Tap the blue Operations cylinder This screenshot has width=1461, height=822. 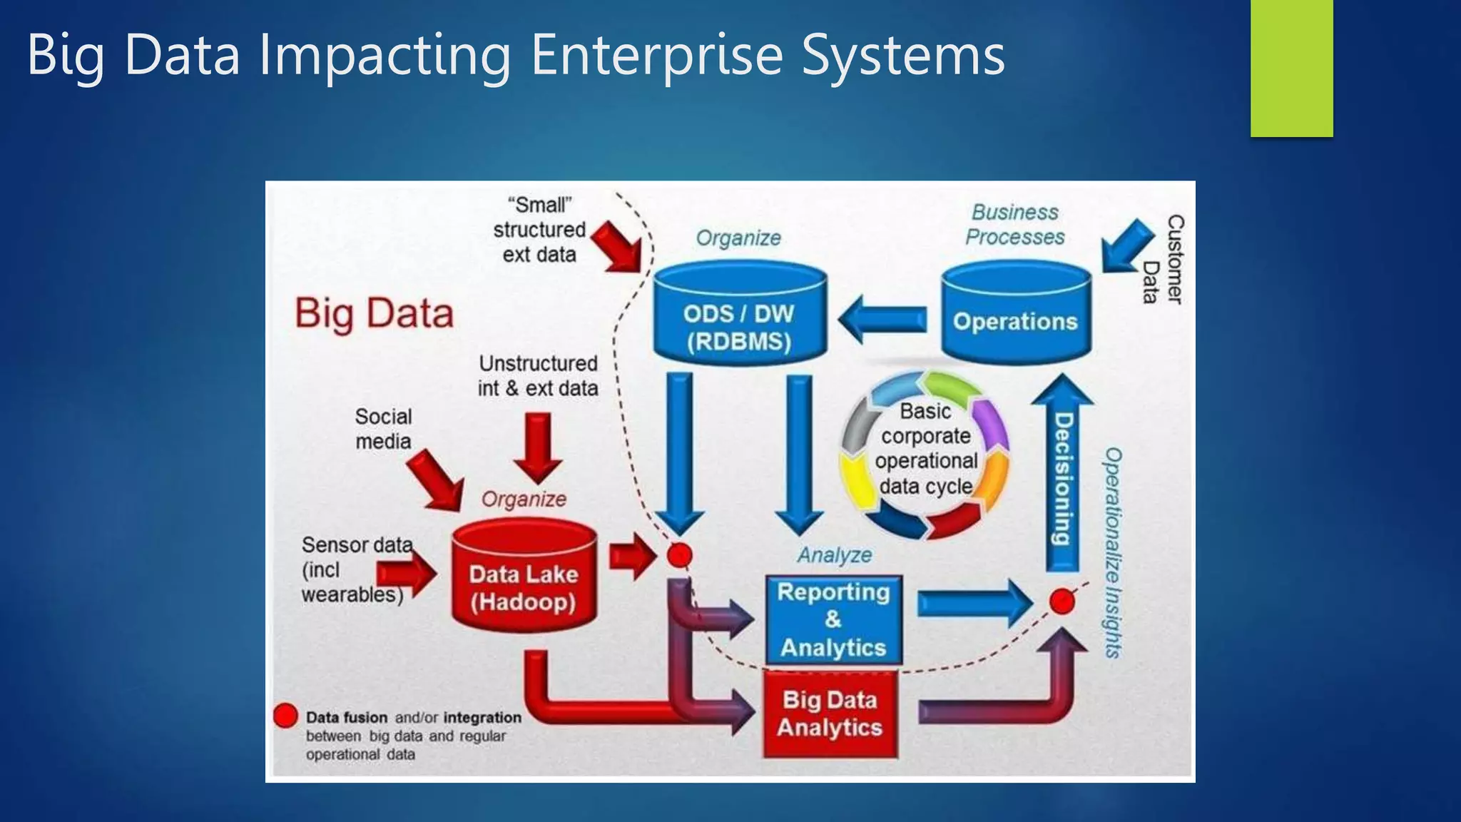tap(1015, 314)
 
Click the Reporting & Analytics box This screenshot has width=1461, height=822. tap(833, 619)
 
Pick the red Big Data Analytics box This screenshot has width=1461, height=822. tap(830, 714)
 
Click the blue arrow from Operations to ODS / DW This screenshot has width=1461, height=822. tap(883, 319)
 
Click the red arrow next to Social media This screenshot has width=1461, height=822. tap(435, 479)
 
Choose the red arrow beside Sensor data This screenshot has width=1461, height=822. tap(405, 572)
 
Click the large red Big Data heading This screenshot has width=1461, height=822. tap(375, 314)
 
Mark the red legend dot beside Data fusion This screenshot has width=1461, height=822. tap(285, 716)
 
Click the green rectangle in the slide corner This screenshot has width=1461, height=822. tap(1291, 68)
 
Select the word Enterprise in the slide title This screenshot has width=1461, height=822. tap(656, 55)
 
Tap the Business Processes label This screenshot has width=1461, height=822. tap(1014, 224)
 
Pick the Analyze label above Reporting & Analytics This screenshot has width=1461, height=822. tap(834, 554)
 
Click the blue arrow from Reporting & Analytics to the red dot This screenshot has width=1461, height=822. tap(974, 604)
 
